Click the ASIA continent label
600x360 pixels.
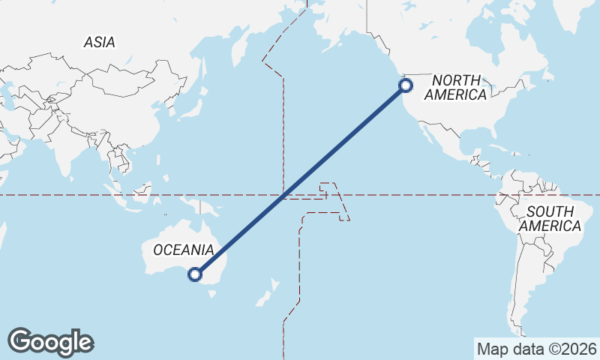coord(100,43)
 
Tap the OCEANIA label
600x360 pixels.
coord(184,250)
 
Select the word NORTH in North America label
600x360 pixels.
coord(456,80)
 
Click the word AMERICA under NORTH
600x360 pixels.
coord(455,94)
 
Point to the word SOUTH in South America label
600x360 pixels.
coord(550,211)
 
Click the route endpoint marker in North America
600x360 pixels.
coord(406,85)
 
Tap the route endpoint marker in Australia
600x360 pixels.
coord(195,274)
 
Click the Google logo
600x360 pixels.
coord(50,341)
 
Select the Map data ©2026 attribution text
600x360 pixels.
coord(536,349)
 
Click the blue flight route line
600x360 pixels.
coord(300,180)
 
